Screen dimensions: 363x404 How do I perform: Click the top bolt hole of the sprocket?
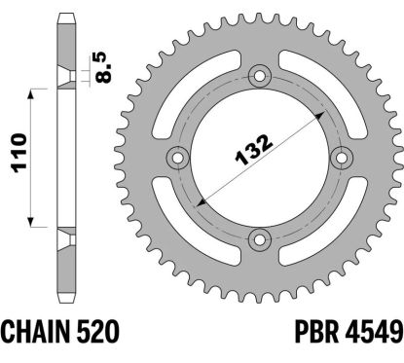[259, 77]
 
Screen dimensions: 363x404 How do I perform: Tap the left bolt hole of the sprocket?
[178, 158]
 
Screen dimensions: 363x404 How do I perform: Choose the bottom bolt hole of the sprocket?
[259, 238]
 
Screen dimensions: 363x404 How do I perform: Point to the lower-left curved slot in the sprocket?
[195, 220]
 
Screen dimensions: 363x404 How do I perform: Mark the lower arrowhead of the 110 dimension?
[37, 219]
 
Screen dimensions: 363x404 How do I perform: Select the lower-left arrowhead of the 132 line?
[202, 200]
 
